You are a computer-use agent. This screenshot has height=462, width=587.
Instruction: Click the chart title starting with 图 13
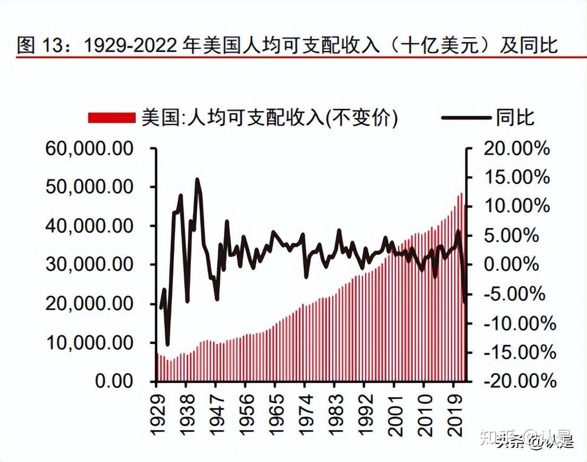coord(287,45)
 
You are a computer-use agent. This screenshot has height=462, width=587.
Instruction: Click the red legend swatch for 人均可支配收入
coord(112,118)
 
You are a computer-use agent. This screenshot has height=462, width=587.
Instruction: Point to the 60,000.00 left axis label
coord(89,148)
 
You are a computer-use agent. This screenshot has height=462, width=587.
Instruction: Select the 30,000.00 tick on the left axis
coord(89,264)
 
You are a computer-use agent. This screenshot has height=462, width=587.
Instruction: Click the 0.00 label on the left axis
coord(114,381)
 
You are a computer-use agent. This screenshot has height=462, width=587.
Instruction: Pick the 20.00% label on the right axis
coord(516,148)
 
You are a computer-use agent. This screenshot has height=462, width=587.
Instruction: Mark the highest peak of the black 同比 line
coord(197,179)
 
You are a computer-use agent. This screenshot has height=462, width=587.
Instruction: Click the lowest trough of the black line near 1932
coord(167,345)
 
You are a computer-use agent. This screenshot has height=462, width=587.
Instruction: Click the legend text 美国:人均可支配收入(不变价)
coord(269,118)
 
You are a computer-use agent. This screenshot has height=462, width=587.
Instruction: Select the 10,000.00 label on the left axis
coord(89,343)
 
